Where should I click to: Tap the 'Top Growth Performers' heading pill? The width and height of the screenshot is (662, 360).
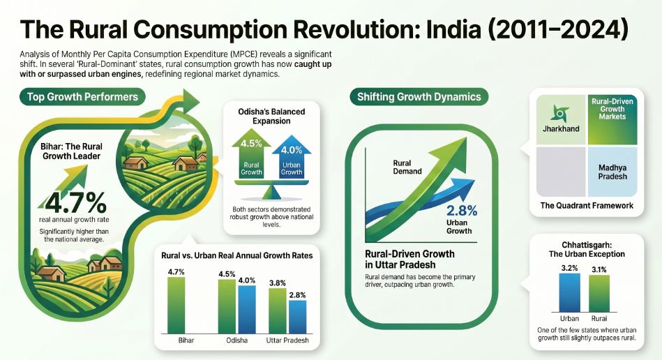point(83,96)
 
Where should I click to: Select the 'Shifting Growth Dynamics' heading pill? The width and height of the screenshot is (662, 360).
point(418,97)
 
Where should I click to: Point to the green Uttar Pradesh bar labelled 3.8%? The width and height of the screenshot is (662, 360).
point(278,311)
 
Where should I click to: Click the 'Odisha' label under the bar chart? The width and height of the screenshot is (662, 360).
point(237,341)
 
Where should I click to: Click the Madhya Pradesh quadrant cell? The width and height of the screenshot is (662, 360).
point(612,171)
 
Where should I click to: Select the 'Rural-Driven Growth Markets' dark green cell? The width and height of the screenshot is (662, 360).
point(612,119)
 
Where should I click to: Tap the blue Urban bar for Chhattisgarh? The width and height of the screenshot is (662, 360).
point(569,293)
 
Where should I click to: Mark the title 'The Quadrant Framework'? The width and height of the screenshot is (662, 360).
point(587,206)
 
